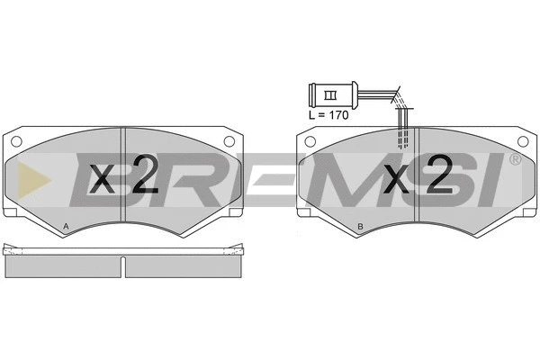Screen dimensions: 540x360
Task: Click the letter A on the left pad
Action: pos(66,226)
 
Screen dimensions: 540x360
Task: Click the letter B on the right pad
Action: pos(360,226)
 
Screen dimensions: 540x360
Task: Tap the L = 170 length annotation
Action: pos(328,115)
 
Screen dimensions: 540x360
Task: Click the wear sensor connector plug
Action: pos(333,94)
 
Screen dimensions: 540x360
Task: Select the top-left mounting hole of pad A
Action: pos(16,141)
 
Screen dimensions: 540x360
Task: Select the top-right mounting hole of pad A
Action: pos(229,141)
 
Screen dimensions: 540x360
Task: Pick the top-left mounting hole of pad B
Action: pos(310,141)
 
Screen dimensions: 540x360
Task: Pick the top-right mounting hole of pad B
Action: pos(523,141)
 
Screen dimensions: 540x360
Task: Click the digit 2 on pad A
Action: pos(145,174)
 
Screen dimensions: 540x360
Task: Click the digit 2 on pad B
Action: pos(439,174)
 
